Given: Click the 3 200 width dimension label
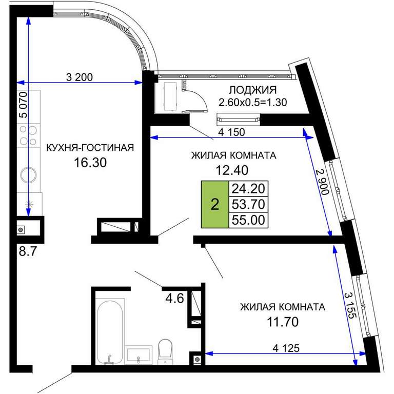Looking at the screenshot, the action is point(80,77).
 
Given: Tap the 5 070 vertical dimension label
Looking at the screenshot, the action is point(24,105).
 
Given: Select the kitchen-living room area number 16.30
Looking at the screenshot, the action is point(90,163).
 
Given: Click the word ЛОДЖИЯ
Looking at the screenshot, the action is point(253,90).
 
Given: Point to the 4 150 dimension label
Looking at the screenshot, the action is point(231,132).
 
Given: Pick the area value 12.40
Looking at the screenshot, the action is point(232,170).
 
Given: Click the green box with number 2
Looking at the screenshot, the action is point(215,204).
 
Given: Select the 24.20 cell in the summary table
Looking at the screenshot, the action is point(248,188).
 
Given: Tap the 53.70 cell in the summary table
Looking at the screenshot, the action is point(248,204).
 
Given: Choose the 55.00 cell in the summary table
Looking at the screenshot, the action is point(248,220).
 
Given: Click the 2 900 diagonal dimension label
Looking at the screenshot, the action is point(322,182).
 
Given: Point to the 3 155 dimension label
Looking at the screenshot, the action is point(350,305).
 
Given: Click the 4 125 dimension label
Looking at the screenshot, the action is point(286,348).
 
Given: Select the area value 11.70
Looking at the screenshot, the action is point(283,322).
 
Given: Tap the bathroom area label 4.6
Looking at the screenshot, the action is point(174,299).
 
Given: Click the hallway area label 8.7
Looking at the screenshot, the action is point(28,251).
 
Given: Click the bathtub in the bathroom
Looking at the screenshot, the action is point(110,332).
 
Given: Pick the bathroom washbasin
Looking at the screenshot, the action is point(139,355).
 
